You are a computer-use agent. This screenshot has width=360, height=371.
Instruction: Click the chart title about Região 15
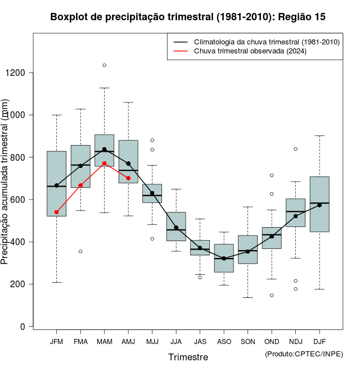coord(187,17)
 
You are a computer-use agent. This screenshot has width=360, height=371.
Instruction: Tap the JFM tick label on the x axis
coord(56,342)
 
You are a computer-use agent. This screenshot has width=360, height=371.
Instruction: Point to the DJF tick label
coord(319,342)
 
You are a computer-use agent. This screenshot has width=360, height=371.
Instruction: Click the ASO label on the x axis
coord(224,342)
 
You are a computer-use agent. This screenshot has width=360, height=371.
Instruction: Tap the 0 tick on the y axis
coord(22,327)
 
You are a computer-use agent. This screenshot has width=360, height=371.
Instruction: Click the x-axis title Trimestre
coord(188,357)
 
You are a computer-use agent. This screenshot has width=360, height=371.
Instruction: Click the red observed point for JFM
coord(57,212)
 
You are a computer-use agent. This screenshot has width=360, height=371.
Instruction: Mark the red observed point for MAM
coord(104,164)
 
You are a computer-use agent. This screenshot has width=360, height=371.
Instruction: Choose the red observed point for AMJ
coord(128,178)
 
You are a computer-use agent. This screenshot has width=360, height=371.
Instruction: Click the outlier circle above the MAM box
coord(104,65)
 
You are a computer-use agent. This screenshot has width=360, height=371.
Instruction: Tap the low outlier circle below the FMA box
coord(80,251)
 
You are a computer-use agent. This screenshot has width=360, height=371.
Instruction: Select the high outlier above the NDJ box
coord(295,149)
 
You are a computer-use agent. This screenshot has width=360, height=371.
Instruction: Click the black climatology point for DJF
coord(319,205)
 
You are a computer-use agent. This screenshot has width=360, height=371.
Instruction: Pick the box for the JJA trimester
coord(176,226)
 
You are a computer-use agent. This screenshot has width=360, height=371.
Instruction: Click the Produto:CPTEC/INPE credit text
coord(304,354)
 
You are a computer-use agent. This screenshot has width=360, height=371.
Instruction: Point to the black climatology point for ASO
coord(224,259)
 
